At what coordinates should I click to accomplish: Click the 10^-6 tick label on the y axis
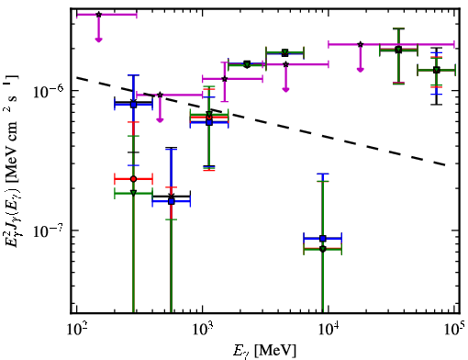click(x=48, y=90)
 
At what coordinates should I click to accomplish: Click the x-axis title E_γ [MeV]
click(x=264, y=351)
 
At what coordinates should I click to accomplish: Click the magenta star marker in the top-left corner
click(x=98, y=15)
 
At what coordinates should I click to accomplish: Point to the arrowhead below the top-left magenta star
click(x=98, y=39)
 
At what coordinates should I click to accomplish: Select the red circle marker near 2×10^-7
click(x=133, y=179)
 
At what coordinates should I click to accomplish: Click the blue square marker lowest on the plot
click(x=323, y=238)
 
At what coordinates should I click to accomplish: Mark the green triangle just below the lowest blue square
click(x=323, y=249)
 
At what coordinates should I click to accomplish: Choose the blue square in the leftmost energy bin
click(x=133, y=105)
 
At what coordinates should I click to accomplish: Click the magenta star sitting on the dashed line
click(x=160, y=95)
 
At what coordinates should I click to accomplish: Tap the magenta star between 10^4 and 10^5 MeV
click(x=361, y=44)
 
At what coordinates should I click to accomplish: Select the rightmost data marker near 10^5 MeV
click(x=437, y=70)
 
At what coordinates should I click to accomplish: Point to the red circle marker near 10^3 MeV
click(x=209, y=117)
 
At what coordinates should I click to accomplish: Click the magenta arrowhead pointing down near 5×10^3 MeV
click(x=285, y=89)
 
